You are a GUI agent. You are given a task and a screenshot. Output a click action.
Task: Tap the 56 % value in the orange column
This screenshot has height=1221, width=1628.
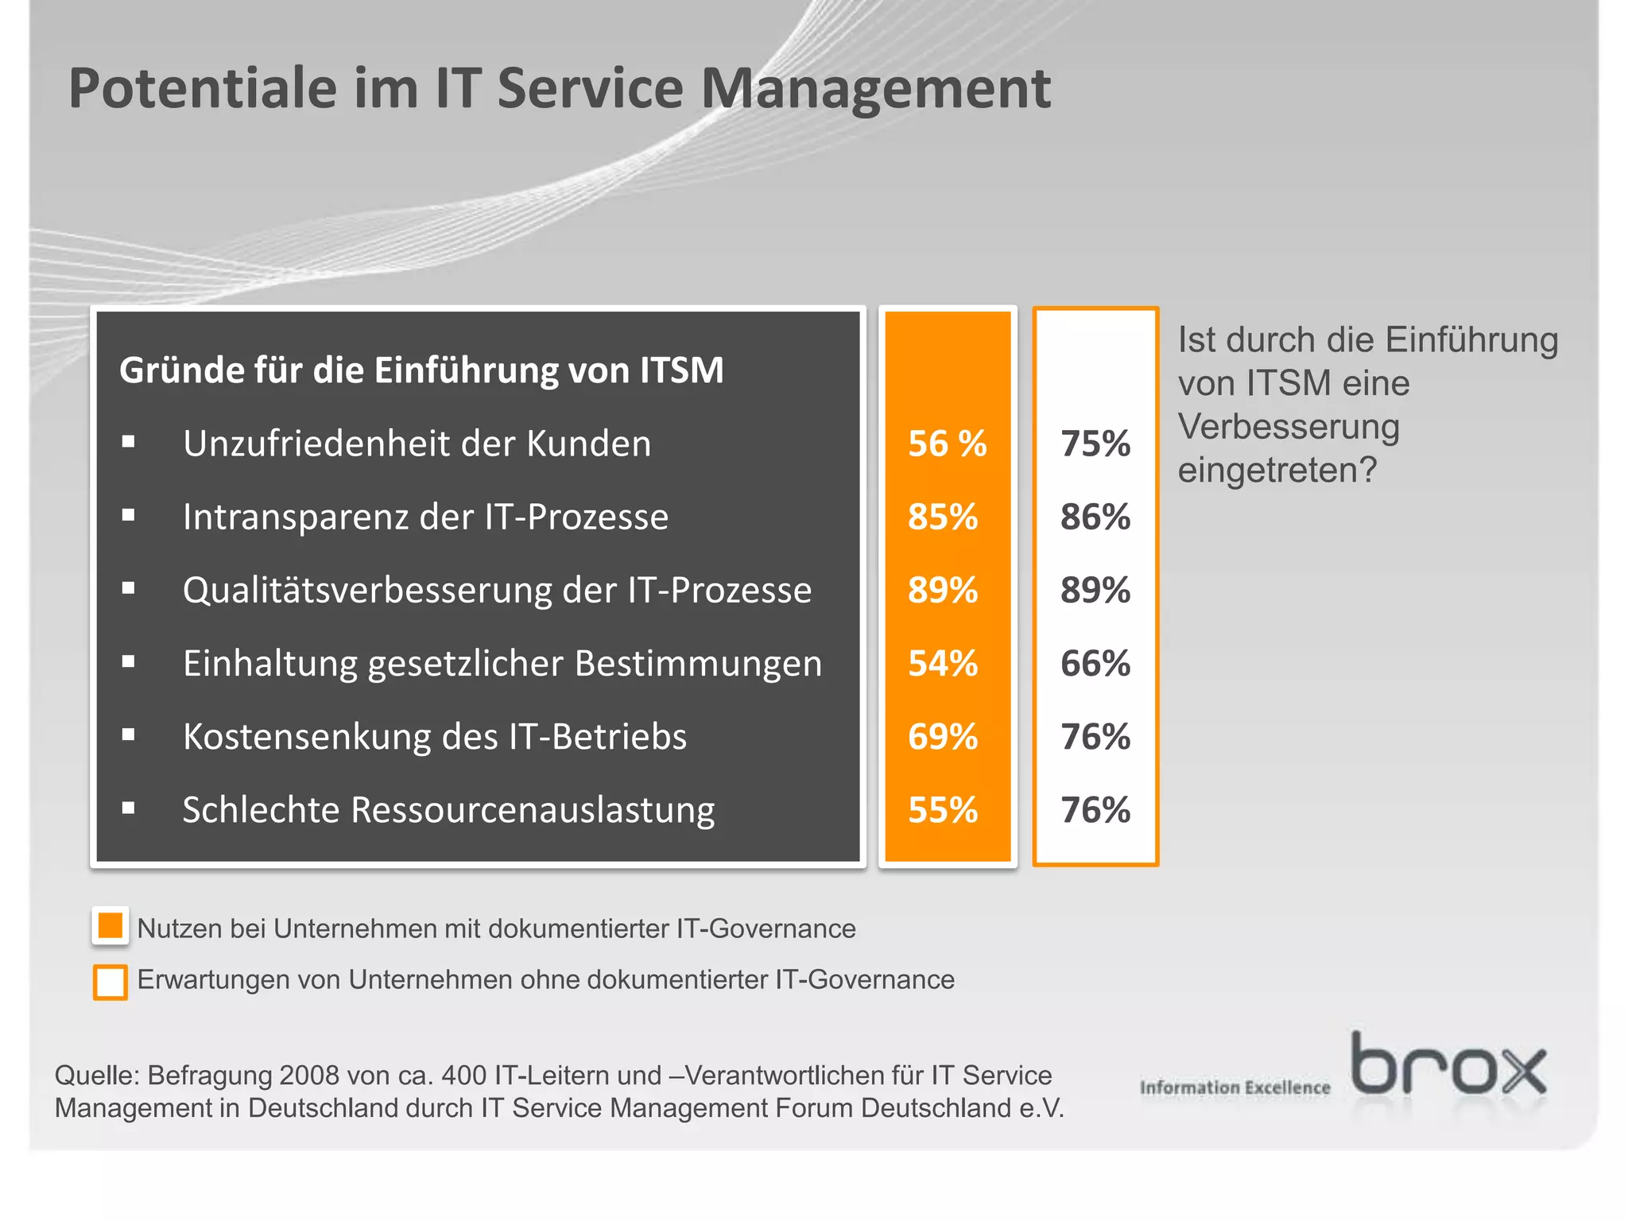[947, 444]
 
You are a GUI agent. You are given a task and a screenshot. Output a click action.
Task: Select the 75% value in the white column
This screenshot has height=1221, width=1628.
[1095, 444]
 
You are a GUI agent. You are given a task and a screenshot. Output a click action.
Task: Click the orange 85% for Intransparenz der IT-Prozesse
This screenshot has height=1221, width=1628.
[943, 517]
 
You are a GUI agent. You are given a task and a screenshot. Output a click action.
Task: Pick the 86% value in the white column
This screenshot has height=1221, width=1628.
[1095, 517]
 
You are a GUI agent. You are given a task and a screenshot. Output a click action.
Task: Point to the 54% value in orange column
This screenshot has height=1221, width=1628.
[943, 663]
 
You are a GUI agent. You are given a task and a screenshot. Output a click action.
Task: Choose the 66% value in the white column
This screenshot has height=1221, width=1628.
[1095, 663]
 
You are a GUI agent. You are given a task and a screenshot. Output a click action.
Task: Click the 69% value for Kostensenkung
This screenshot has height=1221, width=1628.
[943, 737]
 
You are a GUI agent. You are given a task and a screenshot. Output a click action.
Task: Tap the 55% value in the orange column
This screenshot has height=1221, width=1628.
[943, 810]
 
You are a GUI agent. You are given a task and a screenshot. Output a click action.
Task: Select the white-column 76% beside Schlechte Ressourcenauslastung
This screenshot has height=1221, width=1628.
[1095, 810]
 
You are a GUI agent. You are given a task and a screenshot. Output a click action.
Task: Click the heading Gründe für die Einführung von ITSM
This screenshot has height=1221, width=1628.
[421, 370]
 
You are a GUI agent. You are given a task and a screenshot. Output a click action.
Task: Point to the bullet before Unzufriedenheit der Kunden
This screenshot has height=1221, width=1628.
[129, 442]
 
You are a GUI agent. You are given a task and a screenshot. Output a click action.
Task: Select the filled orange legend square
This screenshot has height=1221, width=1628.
[110, 926]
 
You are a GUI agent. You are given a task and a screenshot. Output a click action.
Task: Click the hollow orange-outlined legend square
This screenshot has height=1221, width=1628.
[110, 982]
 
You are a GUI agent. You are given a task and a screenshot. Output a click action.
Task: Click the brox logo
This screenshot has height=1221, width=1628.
[1448, 1065]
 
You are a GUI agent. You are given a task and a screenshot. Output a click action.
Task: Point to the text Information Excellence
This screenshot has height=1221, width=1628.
[1235, 1087]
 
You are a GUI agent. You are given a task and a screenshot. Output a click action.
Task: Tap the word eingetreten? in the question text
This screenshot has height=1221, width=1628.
[1277, 471]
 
